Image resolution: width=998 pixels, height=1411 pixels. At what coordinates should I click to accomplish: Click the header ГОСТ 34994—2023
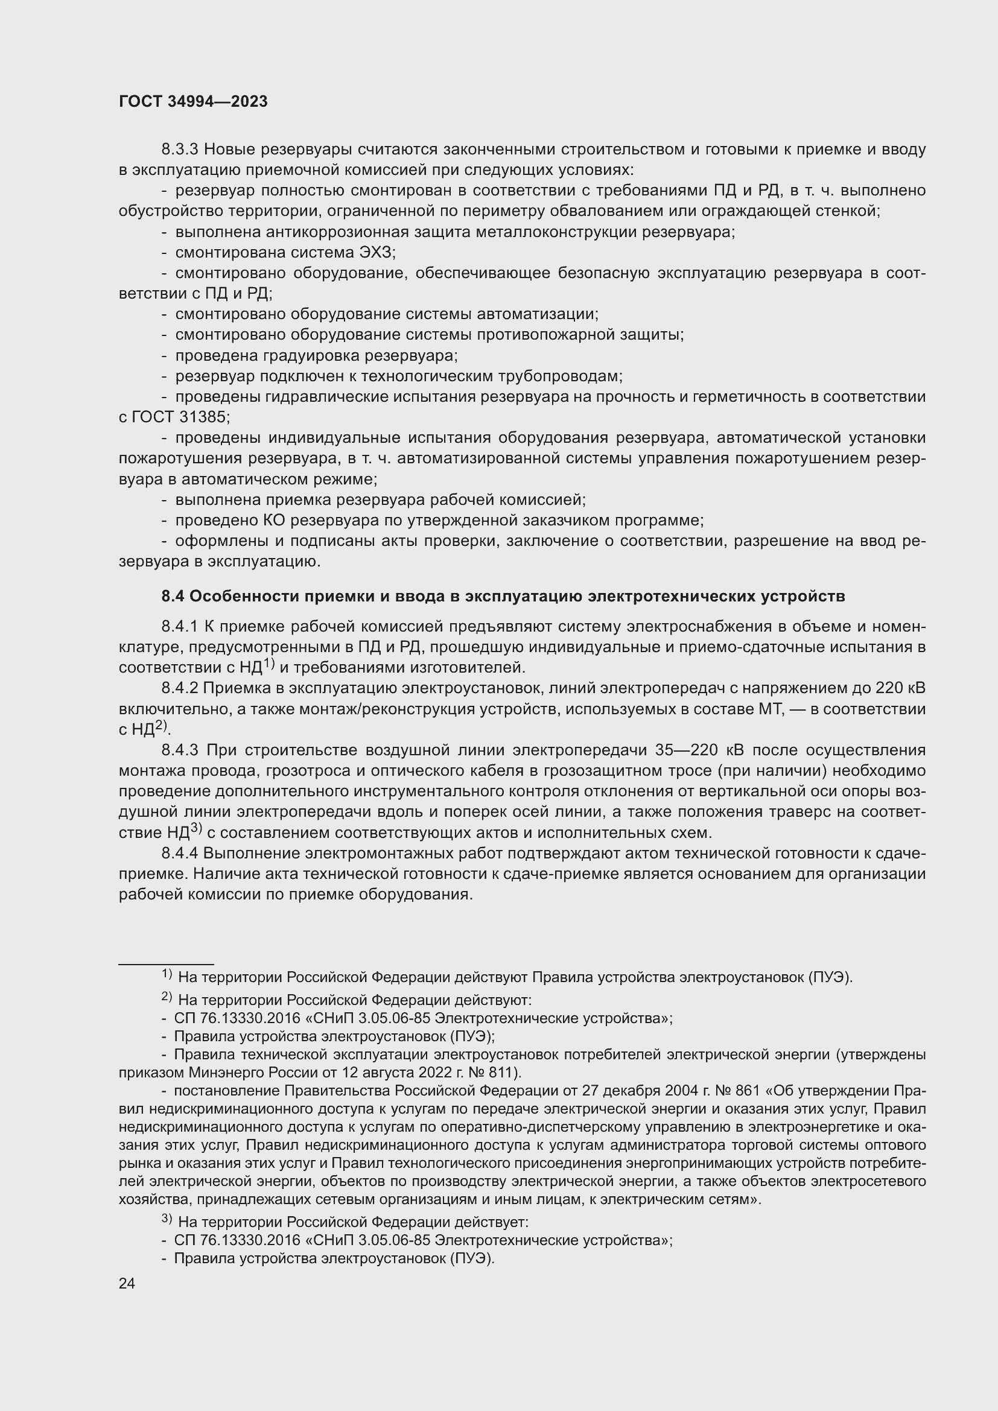pyautogui.click(x=193, y=102)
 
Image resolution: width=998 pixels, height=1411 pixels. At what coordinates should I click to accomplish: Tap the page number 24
pyautogui.click(x=127, y=1283)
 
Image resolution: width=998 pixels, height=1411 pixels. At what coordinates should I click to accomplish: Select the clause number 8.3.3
pyautogui.click(x=180, y=150)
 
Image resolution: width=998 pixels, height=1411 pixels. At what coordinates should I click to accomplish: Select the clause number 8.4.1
pyautogui.click(x=180, y=626)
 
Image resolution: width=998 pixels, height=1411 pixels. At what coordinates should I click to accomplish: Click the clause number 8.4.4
pyautogui.click(x=180, y=853)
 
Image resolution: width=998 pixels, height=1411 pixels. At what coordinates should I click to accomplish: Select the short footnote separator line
pyautogui.click(x=166, y=964)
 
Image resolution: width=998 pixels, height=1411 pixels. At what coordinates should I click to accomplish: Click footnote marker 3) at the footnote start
pyautogui.click(x=166, y=1220)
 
